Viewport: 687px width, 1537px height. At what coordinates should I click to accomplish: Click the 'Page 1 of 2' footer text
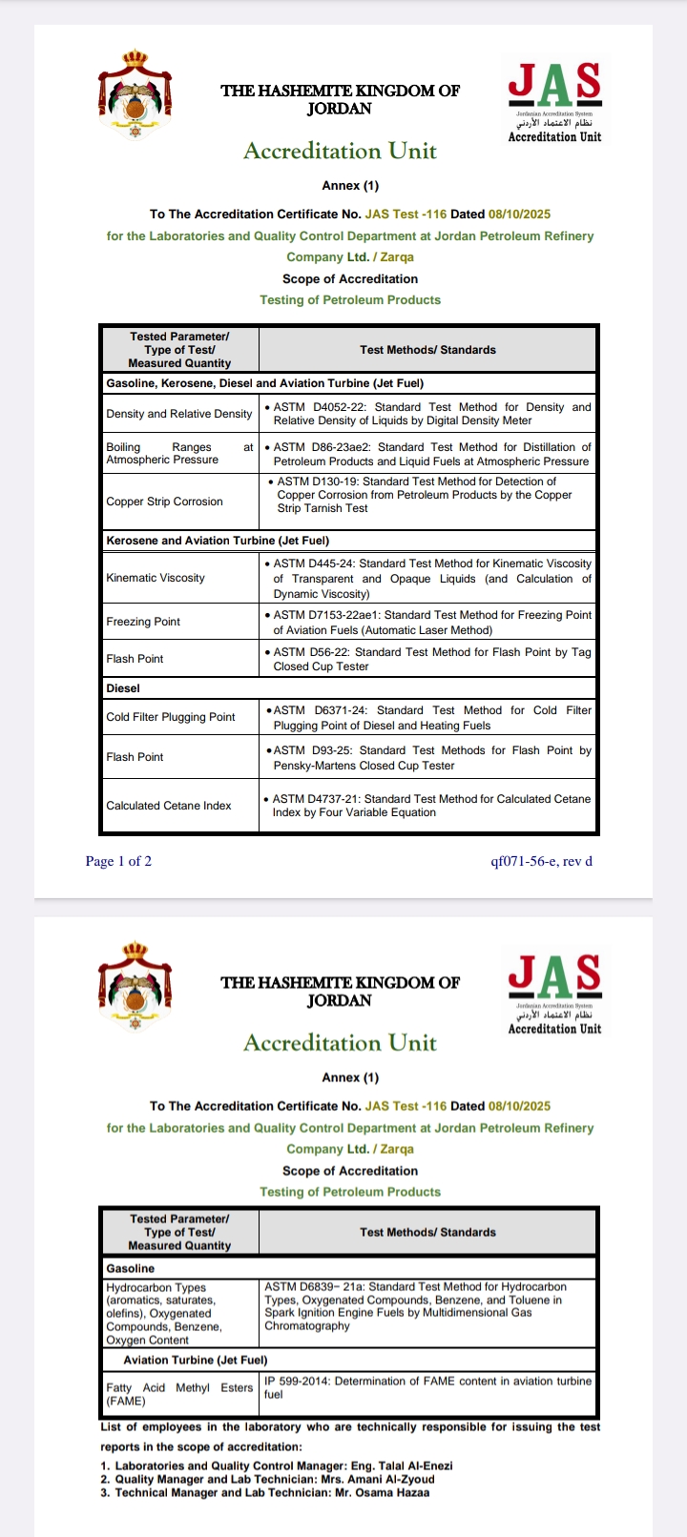point(118,861)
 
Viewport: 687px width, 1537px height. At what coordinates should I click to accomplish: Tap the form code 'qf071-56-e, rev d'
point(541,861)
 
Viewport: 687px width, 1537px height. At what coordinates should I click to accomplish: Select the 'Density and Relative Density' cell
point(179,414)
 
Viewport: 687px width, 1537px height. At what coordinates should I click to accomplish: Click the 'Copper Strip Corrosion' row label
point(164,502)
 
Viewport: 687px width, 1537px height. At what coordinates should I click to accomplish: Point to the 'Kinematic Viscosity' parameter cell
point(156,578)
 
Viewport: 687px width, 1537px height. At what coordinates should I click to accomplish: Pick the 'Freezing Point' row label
point(143,622)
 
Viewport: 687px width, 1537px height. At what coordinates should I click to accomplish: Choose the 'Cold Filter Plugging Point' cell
point(171,717)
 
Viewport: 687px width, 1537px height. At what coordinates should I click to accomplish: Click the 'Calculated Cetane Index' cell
point(169,806)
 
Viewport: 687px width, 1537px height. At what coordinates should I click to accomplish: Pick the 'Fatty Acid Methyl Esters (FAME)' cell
point(179,1394)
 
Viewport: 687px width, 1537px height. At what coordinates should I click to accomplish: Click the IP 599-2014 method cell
point(427,1387)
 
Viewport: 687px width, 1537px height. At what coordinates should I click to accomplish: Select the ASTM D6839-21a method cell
point(427,1306)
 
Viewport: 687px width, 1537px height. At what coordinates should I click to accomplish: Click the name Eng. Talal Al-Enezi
point(402,1465)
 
